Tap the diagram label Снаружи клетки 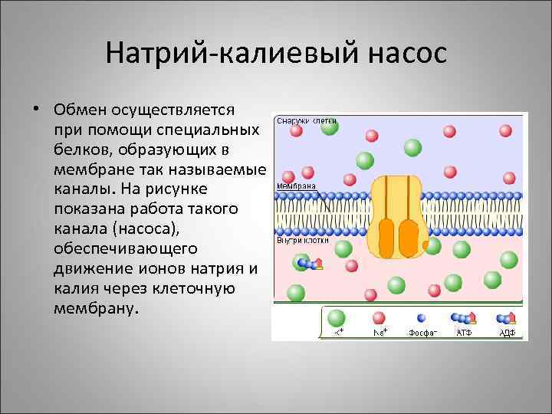coord(307,120)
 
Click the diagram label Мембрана coord(296,186)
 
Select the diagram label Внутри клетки coord(303,240)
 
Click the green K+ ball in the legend coord(337,317)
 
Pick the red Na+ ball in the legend coord(379,317)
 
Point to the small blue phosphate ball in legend coord(421,317)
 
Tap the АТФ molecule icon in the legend coord(464,317)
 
